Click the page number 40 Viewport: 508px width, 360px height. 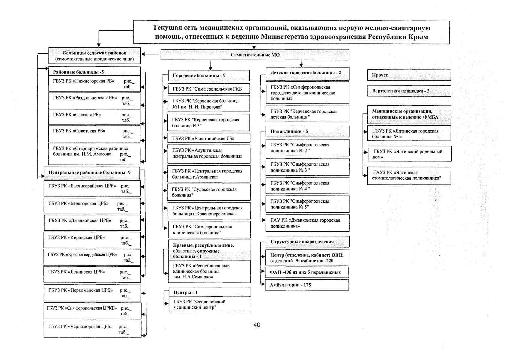click(257, 325)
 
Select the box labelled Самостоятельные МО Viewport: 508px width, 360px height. click(255, 55)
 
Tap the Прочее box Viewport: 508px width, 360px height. click(409, 75)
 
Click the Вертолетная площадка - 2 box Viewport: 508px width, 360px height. click(409, 91)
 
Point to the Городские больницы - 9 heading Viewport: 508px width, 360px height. click(209, 76)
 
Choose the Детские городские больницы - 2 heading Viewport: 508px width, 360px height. click(307, 73)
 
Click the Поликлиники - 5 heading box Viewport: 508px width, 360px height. click(307, 131)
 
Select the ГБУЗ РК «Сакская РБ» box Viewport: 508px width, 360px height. click(94, 117)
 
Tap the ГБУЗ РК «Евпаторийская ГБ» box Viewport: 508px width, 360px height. click(209, 138)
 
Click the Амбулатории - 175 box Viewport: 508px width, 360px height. click(307, 285)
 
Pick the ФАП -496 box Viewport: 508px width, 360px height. click(307, 272)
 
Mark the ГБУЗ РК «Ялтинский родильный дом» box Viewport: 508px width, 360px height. click(409, 154)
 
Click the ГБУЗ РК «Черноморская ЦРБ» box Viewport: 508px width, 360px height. click(92, 329)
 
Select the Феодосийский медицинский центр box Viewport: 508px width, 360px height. click(209, 304)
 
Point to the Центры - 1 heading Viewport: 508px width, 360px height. click(209, 292)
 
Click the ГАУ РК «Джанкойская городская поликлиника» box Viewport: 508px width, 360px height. click(307, 223)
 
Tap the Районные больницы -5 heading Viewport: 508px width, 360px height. click(94, 72)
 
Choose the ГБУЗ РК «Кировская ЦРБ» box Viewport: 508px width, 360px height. click(92, 240)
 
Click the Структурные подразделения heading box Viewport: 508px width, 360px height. click(307, 242)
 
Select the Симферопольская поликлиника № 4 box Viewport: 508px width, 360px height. click(307, 186)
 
